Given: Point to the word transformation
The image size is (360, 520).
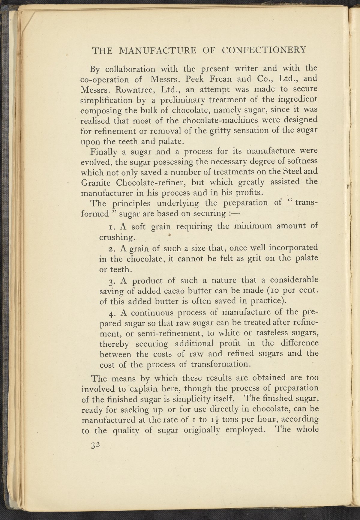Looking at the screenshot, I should click(x=223, y=365).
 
